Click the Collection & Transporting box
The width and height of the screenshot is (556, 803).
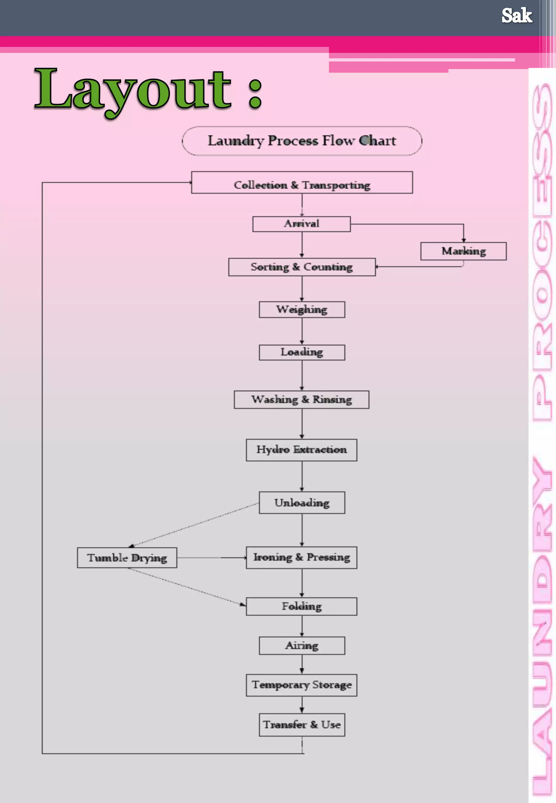point(302,182)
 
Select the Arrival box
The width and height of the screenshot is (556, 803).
point(301,224)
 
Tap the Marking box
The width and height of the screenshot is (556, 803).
point(463,251)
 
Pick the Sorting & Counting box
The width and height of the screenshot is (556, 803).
point(302,267)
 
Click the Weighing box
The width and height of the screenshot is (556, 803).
point(302,310)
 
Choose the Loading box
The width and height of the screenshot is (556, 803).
point(302,353)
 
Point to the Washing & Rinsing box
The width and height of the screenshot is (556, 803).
point(301,399)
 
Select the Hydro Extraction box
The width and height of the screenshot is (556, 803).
point(301,450)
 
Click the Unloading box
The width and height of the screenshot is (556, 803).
point(302,503)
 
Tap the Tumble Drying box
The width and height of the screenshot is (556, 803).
point(127,557)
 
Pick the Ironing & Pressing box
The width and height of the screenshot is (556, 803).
point(301,557)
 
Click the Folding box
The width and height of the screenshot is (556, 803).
point(301,606)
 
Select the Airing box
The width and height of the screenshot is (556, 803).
point(302,646)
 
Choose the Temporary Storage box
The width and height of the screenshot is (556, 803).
point(301,685)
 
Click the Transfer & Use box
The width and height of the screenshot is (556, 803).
point(302,725)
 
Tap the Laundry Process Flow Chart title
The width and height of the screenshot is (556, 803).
point(302,141)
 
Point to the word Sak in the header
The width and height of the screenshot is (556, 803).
point(516,16)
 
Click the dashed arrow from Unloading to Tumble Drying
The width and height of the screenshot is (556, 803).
point(195,524)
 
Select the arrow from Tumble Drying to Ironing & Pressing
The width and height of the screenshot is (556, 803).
point(211,557)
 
